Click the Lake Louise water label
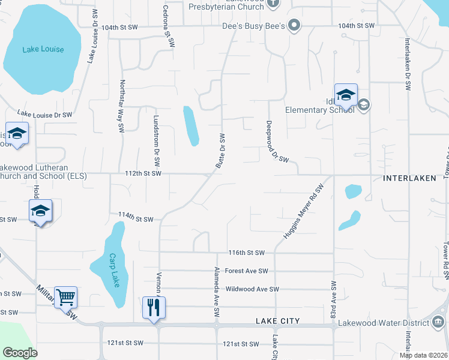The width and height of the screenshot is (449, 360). point(43,49)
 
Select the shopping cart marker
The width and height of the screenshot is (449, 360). point(65,296)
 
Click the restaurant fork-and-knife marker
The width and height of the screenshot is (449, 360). point(154,307)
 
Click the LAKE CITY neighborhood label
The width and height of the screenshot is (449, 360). point(277,321)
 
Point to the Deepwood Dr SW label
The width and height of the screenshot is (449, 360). point(277,142)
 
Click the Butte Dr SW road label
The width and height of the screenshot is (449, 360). point(220,151)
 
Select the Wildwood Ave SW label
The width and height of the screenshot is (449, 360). point(252,289)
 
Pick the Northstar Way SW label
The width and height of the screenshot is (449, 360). point(122,106)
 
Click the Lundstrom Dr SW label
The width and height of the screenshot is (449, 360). point(155,141)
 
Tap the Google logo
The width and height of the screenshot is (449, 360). point(20,353)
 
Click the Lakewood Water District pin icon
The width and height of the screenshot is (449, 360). point(439,323)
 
